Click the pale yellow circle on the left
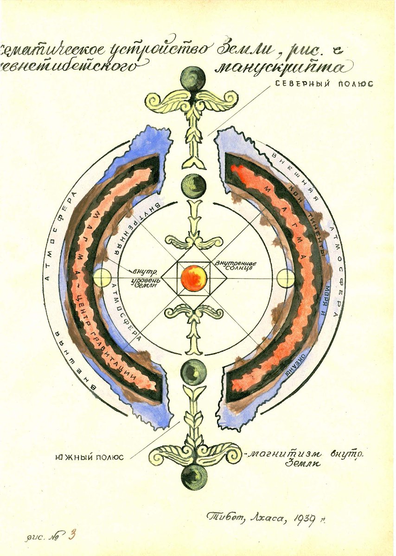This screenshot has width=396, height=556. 102,278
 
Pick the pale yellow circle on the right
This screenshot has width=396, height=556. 286,278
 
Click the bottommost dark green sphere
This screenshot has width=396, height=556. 193,477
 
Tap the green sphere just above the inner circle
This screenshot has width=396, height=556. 193,185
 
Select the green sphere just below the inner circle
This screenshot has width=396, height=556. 193,372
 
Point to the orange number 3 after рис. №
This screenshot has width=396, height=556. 71,535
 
